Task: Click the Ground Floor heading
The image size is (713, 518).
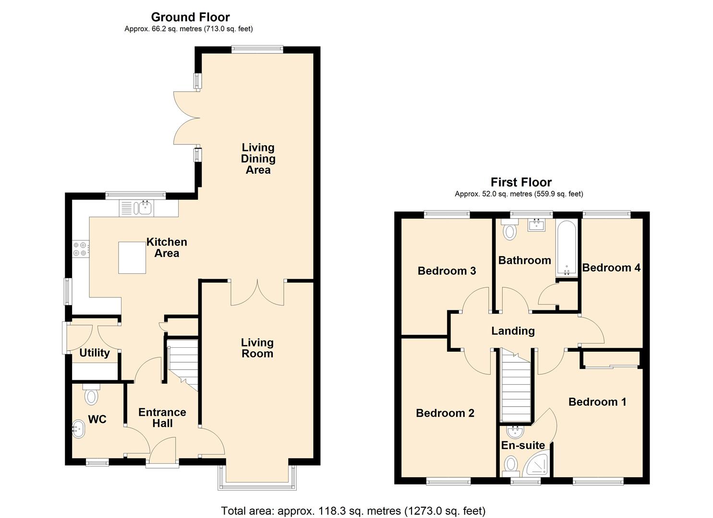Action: tap(190, 17)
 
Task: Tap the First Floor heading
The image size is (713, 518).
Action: tap(521, 182)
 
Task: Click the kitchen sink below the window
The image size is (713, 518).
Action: tap(143, 208)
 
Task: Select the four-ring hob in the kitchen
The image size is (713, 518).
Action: tap(80, 249)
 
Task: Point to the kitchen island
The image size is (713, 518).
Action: tap(132, 258)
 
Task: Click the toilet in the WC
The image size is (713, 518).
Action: tap(91, 395)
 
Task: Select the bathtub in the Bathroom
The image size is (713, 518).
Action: tap(567, 247)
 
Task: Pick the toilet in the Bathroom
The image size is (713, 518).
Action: tap(509, 231)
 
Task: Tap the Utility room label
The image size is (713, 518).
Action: tap(94, 353)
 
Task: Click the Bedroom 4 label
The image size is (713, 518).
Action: tap(611, 268)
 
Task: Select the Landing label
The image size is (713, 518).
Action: tap(513, 331)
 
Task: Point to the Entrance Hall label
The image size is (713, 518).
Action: tap(162, 418)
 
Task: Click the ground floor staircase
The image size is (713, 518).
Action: tap(183, 362)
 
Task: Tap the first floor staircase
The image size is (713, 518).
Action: tap(516, 388)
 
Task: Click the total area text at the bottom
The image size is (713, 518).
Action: tap(353, 511)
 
